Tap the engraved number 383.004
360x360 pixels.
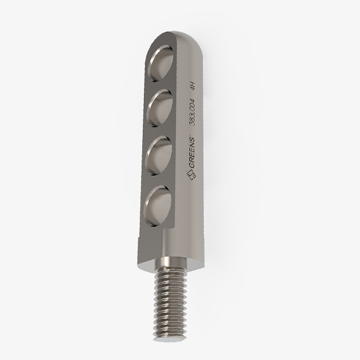pyautogui.click(x=192, y=112)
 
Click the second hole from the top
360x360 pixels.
pyautogui.click(x=160, y=108)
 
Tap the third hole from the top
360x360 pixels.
pyautogui.click(x=160, y=155)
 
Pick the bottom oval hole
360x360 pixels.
pyautogui.click(x=158, y=205)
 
